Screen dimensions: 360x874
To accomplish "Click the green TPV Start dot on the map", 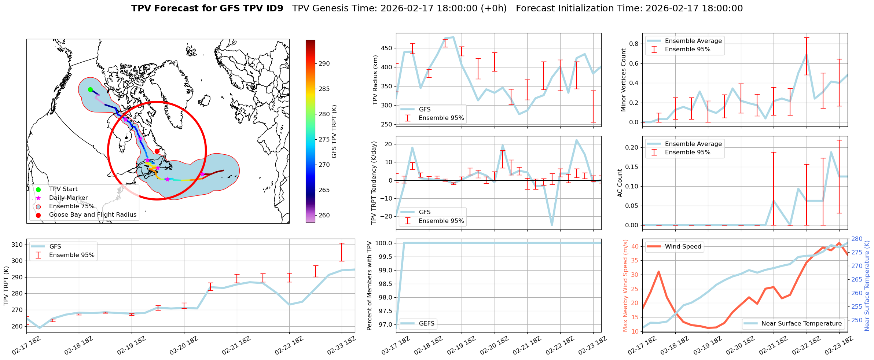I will coord(90,89).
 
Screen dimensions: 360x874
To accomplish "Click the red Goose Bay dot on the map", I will coord(157,151).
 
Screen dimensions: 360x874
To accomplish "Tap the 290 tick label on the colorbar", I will coord(324,63).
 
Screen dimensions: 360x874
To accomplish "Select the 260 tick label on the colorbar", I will coord(324,215).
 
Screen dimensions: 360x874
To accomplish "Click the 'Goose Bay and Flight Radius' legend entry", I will coord(92,215).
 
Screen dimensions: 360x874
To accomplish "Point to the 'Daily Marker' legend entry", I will coord(68,198).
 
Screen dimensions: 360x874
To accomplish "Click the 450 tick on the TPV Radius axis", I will coord(387,48).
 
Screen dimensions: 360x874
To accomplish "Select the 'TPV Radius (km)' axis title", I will coord(375,80).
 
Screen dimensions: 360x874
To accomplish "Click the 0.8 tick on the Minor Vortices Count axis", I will coord(634,44).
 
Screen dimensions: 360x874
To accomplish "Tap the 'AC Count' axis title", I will coord(620,183).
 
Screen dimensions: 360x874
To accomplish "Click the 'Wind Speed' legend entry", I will coord(683,247).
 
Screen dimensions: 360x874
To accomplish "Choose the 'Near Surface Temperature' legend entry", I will coord(801,323).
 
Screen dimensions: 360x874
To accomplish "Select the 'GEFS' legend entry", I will coord(426,323).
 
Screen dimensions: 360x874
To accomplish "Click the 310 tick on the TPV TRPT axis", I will coord(18,245).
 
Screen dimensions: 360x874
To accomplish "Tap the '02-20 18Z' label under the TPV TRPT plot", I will coord(183,346).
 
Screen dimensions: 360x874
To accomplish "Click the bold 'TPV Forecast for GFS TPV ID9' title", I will coord(207,8).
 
